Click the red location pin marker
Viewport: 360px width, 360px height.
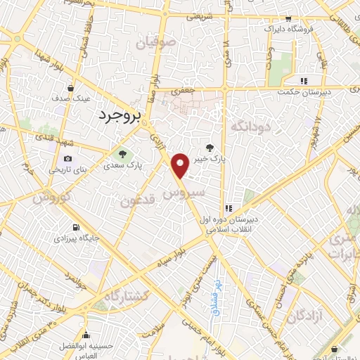(x=181, y=165)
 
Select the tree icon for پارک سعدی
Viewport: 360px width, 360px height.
(x=122, y=154)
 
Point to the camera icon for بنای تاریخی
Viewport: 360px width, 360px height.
(x=68, y=159)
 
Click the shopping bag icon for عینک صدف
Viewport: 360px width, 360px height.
(x=72, y=88)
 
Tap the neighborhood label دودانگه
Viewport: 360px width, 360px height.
(x=267, y=127)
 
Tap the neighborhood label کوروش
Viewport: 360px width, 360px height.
(x=52, y=198)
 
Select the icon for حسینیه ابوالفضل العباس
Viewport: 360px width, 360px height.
(x=86, y=335)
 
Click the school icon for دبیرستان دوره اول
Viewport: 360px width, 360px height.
(x=229, y=208)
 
